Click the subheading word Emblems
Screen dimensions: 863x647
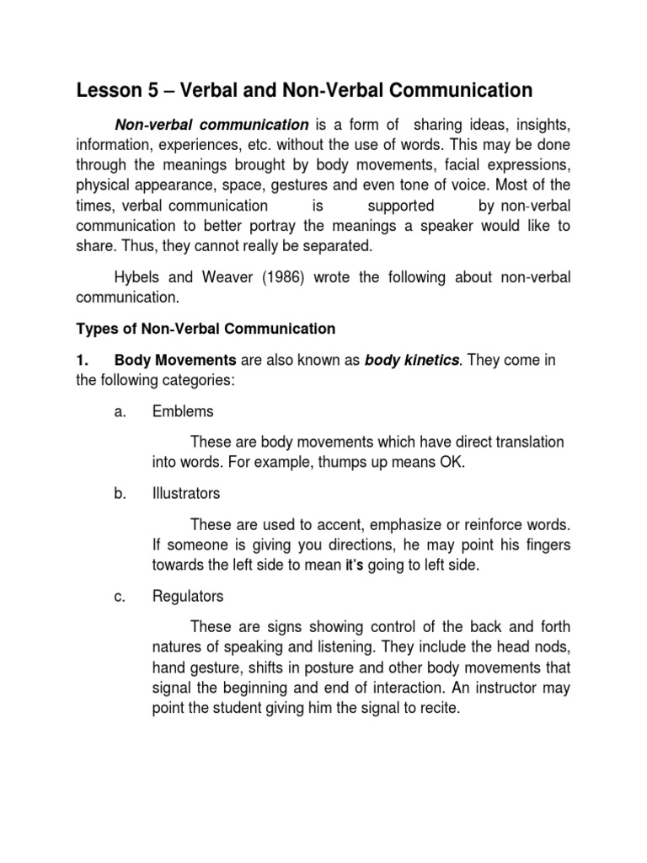(x=183, y=412)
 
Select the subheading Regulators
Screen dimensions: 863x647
(x=188, y=597)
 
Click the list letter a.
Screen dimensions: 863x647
(x=118, y=412)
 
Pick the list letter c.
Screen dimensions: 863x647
(x=118, y=597)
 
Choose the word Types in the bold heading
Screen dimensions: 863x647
(x=94, y=329)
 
